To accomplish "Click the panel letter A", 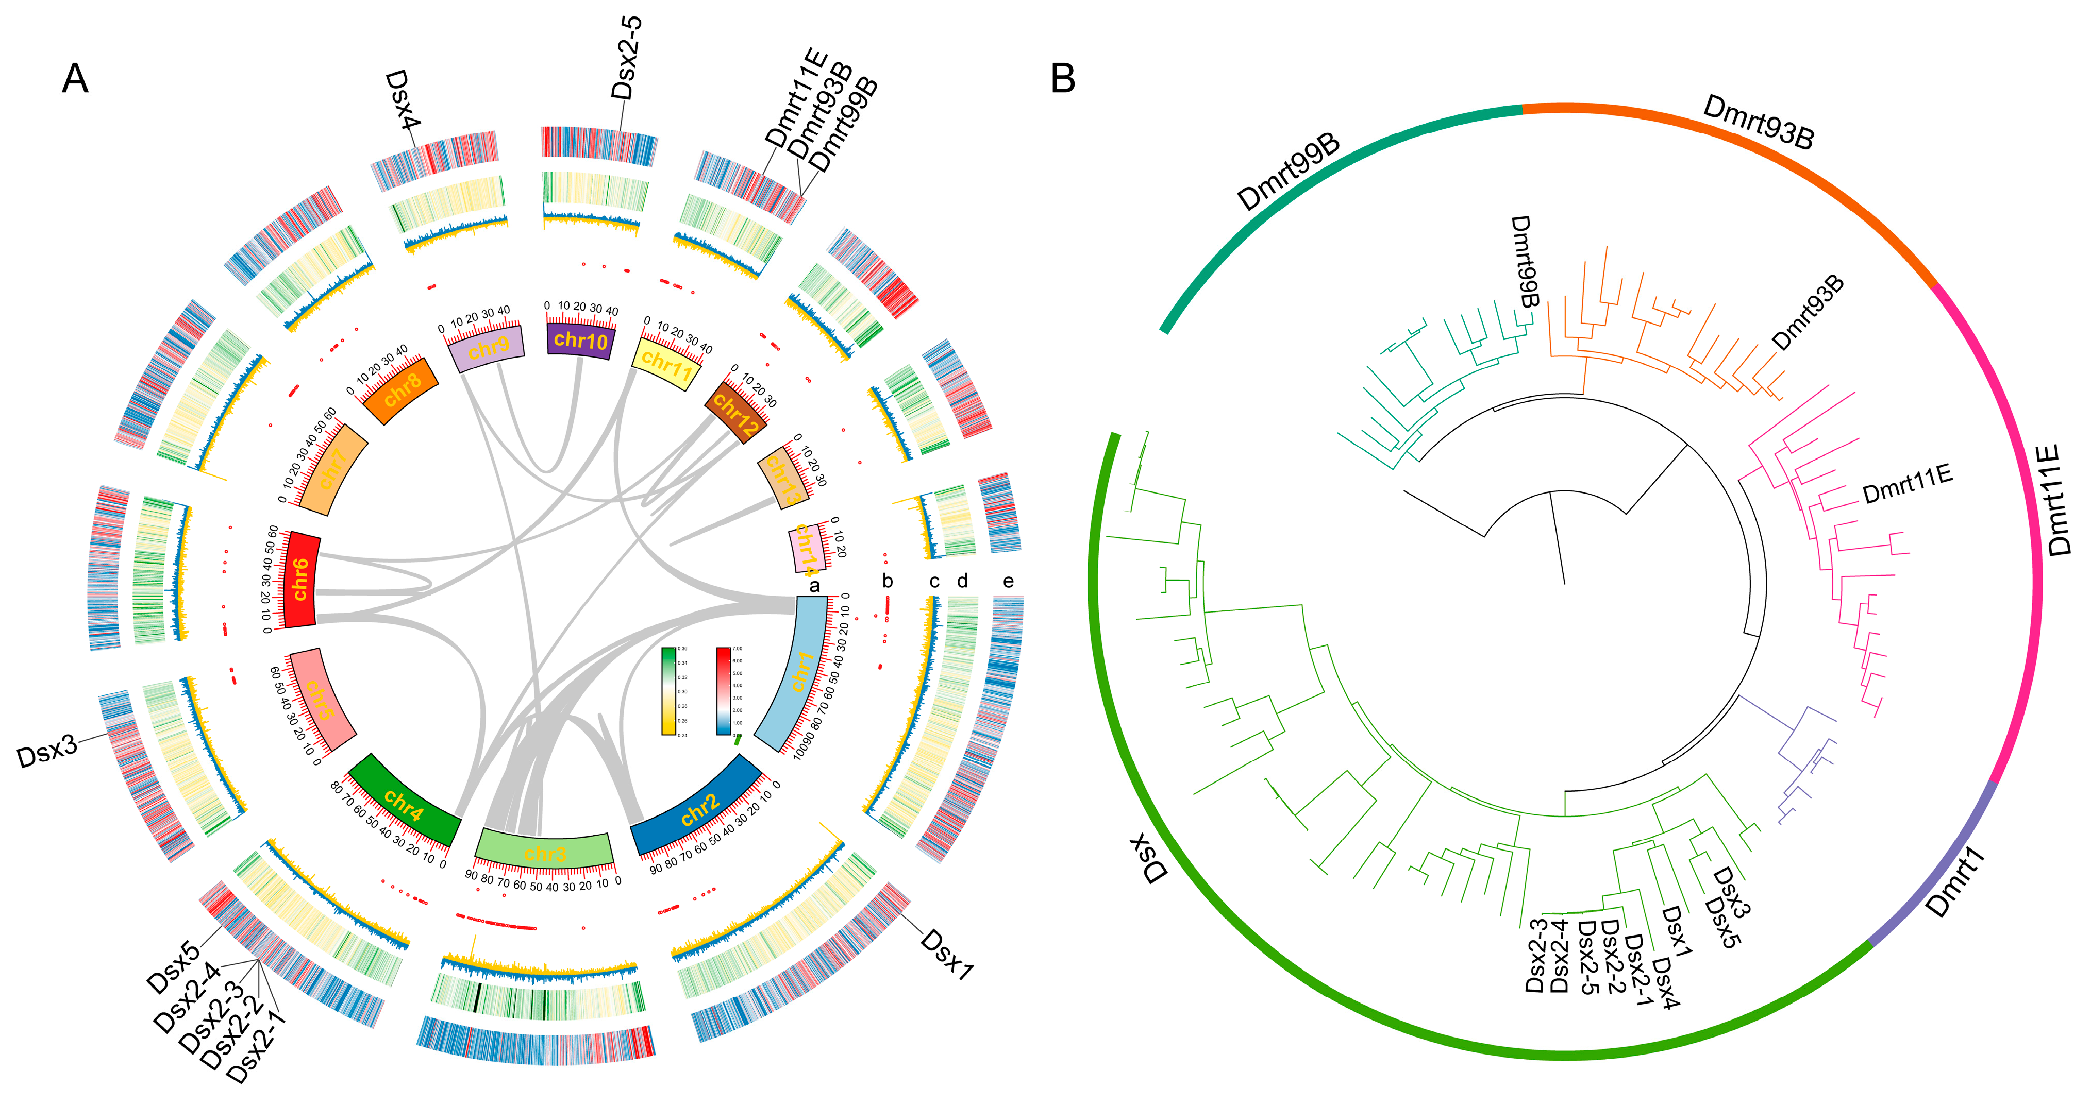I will [x=75, y=79].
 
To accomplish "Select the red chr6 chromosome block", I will [x=300, y=579].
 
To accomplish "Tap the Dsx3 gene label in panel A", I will [x=47, y=751].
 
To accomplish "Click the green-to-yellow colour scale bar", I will [x=668, y=691].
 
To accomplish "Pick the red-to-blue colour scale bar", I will [x=723, y=691].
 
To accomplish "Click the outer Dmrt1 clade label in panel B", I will [x=1954, y=882].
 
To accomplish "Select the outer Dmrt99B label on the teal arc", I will [x=1287, y=173].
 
